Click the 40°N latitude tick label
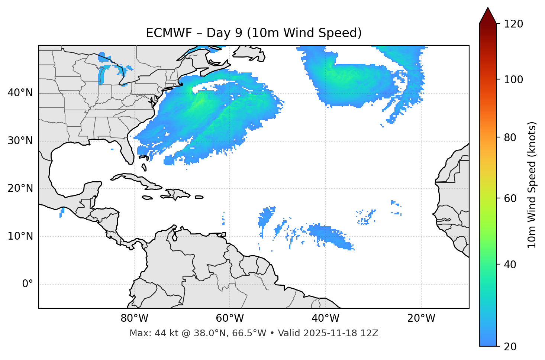point(20,93)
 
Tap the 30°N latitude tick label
point(20,141)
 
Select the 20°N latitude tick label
point(20,188)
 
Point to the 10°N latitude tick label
point(20,236)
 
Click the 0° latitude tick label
point(27,284)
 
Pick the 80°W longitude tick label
point(134,318)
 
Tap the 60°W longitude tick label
point(230,318)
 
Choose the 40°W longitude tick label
point(325,318)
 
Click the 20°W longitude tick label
point(421,318)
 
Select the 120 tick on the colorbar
point(513,24)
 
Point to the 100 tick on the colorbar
point(513,80)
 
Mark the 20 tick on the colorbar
point(511,347)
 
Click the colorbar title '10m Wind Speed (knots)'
point(532,185)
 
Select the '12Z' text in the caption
point(370,333)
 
